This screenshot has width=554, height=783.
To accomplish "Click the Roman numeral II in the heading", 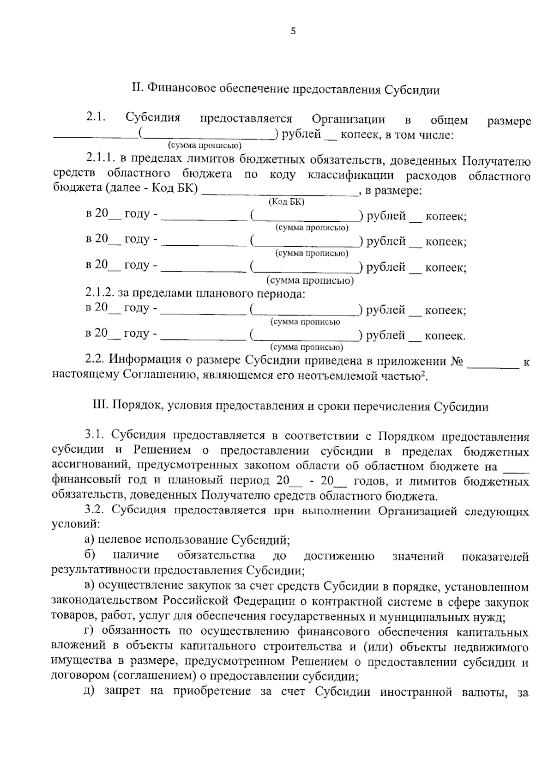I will click(x=137, y=89).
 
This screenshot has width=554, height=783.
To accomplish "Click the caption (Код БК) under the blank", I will click(x=286, y=201).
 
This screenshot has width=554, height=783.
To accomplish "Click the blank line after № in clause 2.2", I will click(x=494, y=366).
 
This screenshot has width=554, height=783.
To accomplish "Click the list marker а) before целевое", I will click(x=90, y=540).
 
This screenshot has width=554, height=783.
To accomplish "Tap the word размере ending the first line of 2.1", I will click(x=509, y=121).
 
